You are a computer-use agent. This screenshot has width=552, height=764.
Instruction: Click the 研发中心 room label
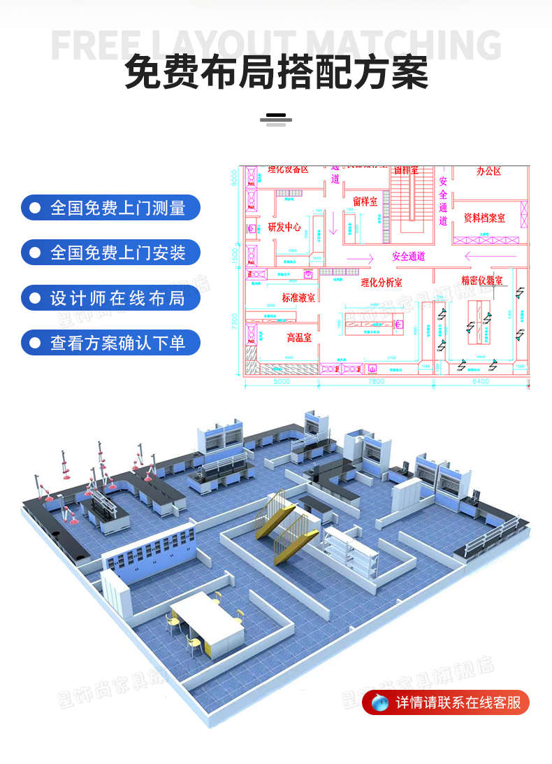coord(284,227)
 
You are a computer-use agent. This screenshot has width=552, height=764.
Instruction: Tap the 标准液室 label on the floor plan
coord(298,297)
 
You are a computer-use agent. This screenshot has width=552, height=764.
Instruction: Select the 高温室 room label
coord(299,337)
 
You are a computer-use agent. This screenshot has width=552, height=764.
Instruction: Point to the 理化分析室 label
coord(382,283)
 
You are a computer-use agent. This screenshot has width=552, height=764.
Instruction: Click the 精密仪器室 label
coord(481,280)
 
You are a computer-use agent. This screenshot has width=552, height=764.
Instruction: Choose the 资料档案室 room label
coord(484,218)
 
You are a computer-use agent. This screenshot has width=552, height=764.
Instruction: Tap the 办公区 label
coord(489,171)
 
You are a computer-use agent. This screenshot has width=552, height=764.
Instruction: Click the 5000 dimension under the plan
coord(281,382)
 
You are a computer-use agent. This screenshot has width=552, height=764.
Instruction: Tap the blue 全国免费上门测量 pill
coord(110,208)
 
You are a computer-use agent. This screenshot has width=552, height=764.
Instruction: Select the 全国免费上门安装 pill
coord(110,253)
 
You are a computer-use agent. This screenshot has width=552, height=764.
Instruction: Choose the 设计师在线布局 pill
coord(110,298)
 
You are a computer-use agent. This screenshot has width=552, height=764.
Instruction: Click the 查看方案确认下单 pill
coord(110,343)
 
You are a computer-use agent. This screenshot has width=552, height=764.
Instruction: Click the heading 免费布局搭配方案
coord(276,73)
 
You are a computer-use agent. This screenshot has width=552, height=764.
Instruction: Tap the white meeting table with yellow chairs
coord(206,618)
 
